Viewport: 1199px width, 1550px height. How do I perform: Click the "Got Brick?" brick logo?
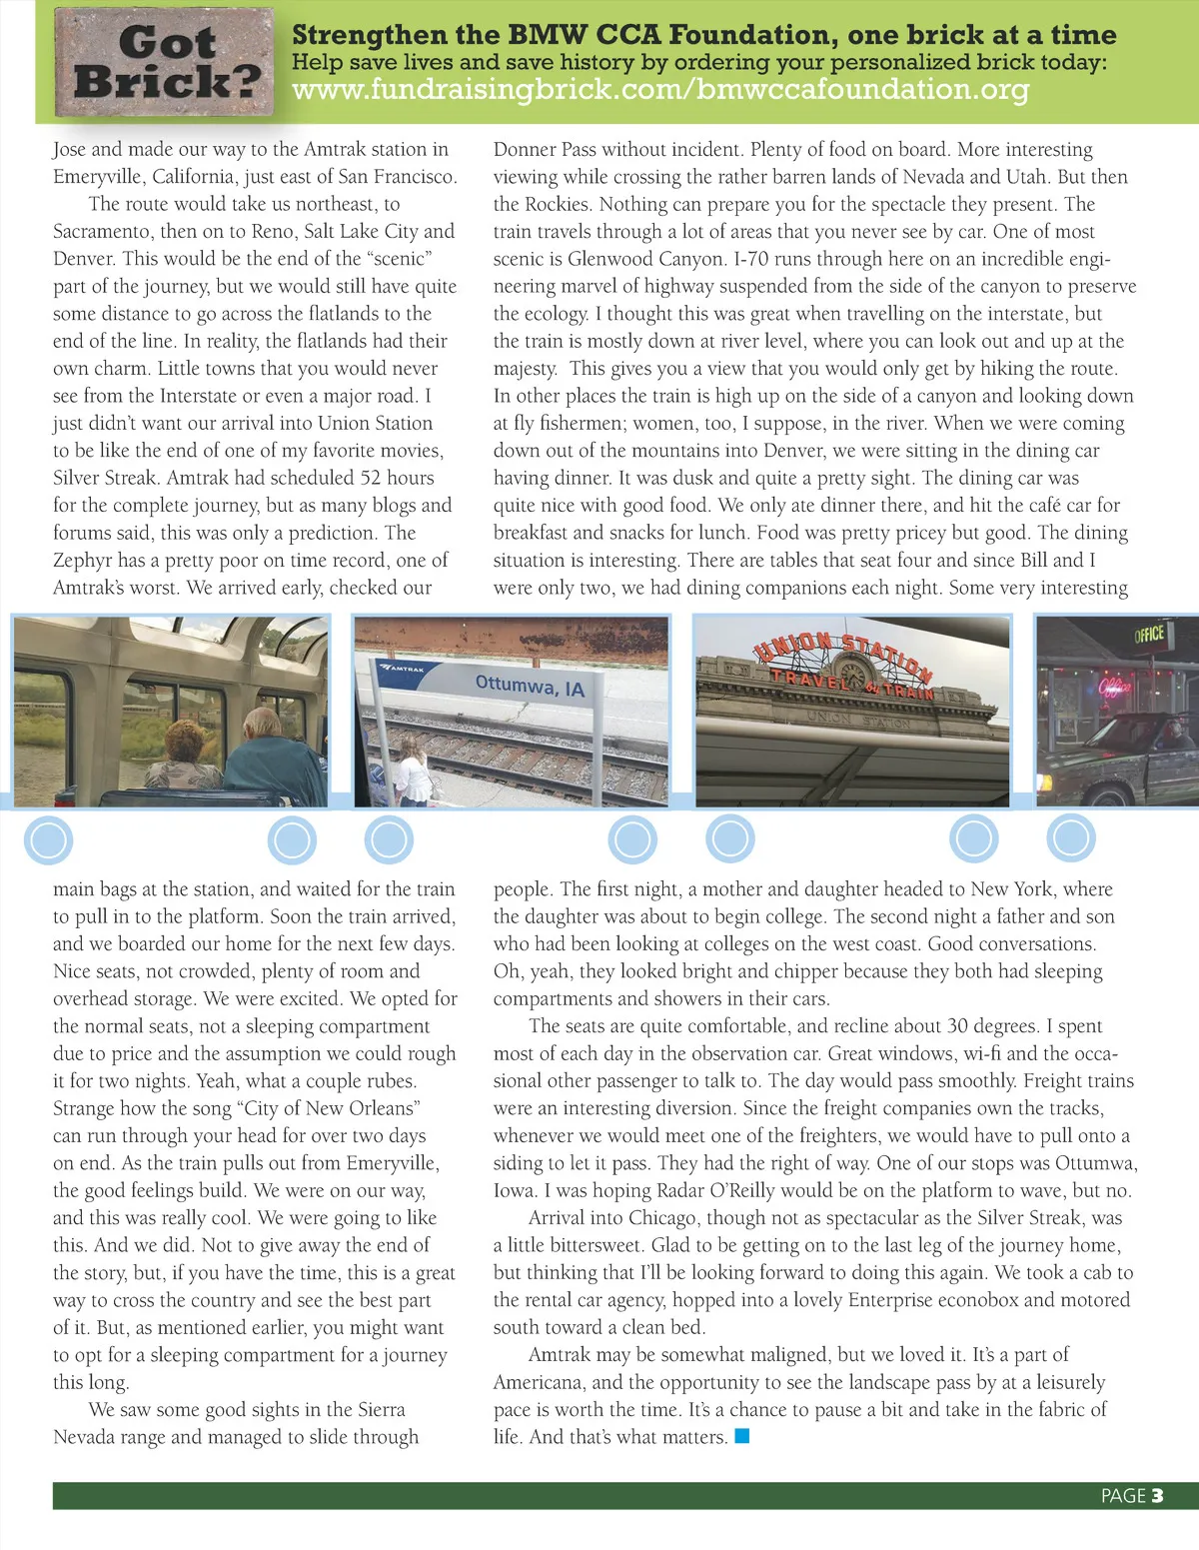click(164, 63)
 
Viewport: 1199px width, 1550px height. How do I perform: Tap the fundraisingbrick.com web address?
click(659, 90)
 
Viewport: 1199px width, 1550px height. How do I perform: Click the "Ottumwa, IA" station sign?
click(530, 686)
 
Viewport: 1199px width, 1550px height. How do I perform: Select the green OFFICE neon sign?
click(1149, 634)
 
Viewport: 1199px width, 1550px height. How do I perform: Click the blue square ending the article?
click(741, 1436)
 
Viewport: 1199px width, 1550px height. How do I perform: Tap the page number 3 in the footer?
click(1157, 1495)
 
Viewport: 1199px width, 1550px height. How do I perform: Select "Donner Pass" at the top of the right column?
click(545, 150)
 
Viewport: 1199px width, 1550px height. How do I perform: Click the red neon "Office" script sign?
click(1115, 687)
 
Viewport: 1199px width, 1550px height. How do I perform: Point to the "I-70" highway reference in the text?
click(751, 259)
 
